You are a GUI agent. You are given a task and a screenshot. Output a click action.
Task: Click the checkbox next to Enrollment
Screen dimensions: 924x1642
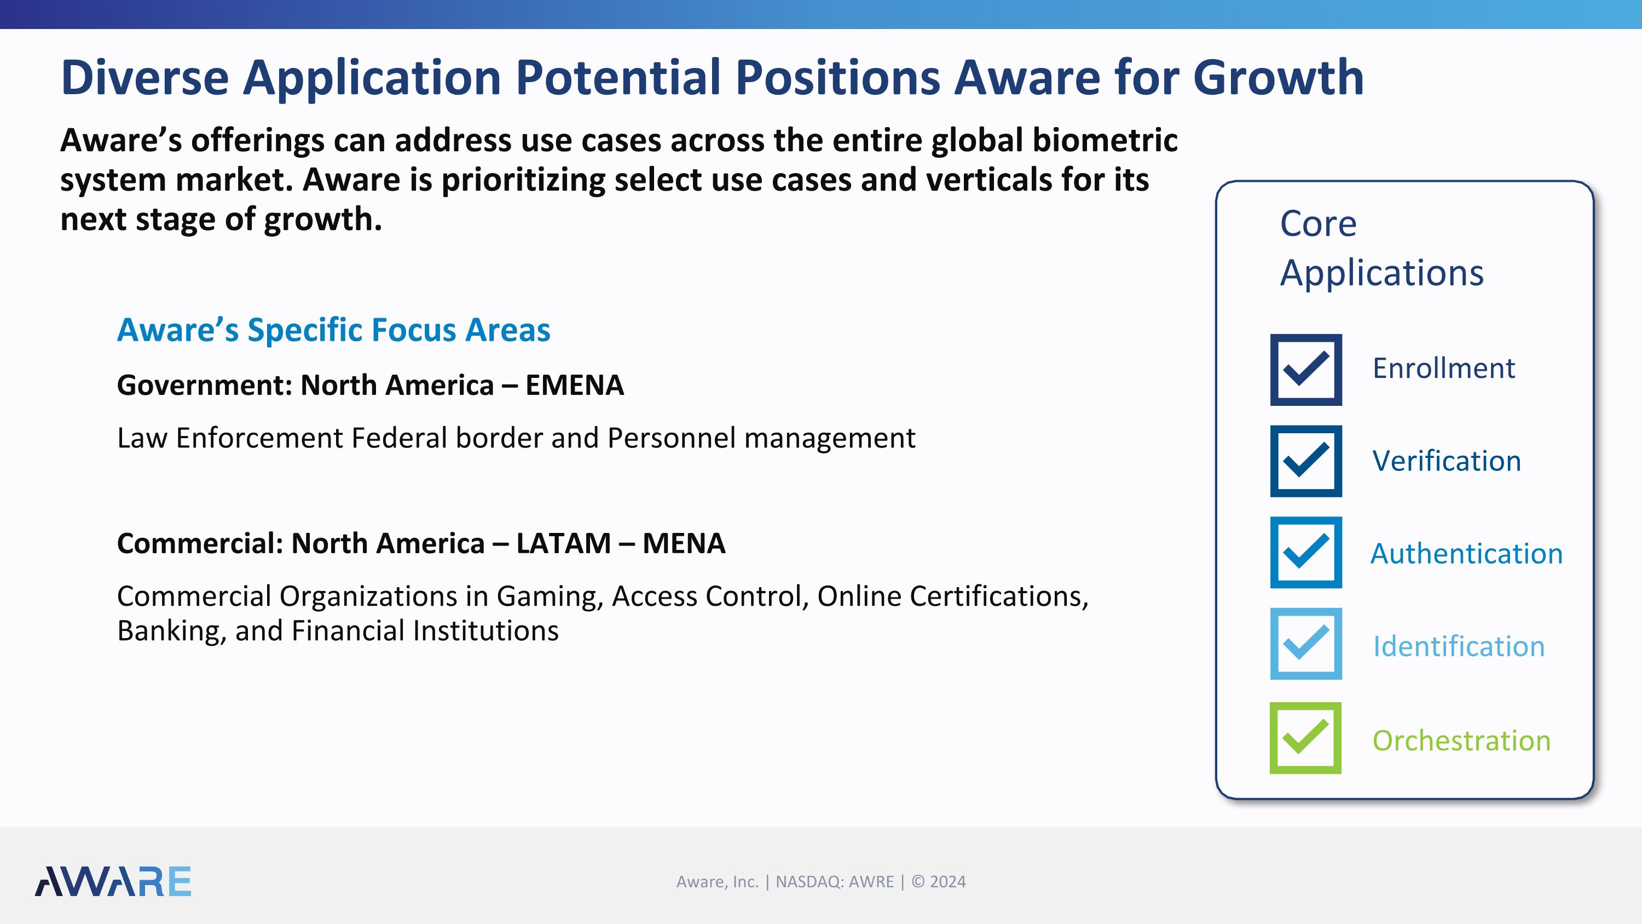[x=1305, y=370]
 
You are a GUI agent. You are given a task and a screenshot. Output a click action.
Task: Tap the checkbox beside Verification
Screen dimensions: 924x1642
[x=1305, y=461]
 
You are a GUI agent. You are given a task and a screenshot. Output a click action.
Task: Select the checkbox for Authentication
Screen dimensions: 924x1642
[x=1305, y=552]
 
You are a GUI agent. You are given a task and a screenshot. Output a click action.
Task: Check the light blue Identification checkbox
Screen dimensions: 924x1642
[x=1305, y=644]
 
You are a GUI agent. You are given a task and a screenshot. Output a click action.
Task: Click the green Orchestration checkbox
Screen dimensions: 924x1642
[x=1305, y=738]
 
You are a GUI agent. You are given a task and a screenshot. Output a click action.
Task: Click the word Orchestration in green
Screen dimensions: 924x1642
[x=1461, y=741]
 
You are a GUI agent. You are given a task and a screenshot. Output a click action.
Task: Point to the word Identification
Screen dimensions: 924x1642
[x=1459, y=647]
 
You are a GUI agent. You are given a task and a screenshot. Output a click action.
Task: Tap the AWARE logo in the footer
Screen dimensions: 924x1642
[x=113, y=881]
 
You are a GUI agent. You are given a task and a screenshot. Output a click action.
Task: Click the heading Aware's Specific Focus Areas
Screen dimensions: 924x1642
[x=333, y=330]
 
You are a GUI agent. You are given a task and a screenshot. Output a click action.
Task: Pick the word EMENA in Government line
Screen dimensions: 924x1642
[x=574, y=385]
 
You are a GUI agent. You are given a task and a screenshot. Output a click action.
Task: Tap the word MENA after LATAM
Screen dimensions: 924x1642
[x=684, y=543]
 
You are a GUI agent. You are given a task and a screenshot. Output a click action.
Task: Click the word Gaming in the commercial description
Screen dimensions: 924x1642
[x=550, y=597]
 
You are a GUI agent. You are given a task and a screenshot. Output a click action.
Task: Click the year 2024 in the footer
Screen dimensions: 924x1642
[x=948, y=882]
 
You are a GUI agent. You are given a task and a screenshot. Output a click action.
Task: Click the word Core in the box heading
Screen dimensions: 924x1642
[x=1318, y=224]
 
